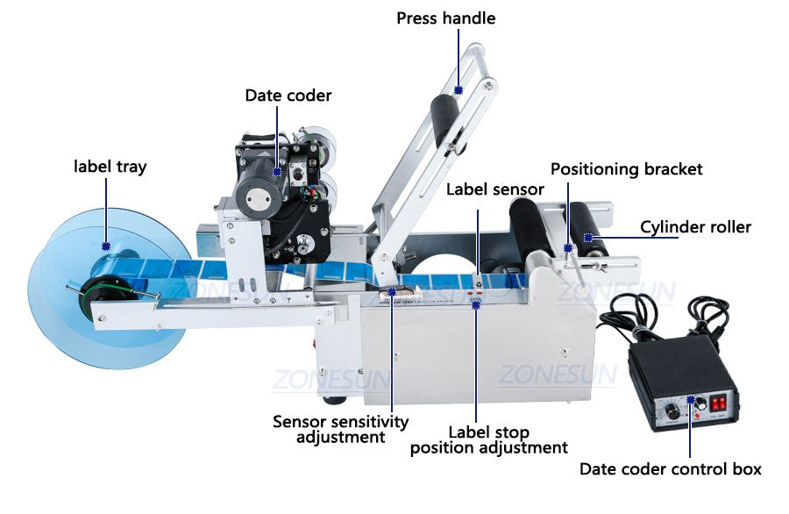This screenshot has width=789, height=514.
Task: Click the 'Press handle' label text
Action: pyautogui.click(x=446, y=18)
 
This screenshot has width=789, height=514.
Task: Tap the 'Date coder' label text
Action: pyautogui.click(x=288, y=96)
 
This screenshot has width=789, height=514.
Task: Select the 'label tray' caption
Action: pyautogui.click(x=110, y=167)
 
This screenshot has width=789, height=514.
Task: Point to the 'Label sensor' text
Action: pyautogui.click(x=495, y=189)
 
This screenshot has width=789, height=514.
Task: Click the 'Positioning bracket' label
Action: pyautogui.click(x=627, y=169)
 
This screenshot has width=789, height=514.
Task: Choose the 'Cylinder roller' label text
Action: pyautogui.click(x=695, y=227)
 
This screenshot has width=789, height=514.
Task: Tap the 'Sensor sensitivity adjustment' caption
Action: pyautogui.click(x=341, y=429)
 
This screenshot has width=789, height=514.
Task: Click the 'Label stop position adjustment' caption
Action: pyautogui.click(x=488, y=440)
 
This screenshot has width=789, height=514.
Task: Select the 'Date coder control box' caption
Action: pyautogui.click(x=671, y=469)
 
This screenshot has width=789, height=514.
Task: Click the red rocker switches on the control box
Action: pyautogui.click(x=718, y=403)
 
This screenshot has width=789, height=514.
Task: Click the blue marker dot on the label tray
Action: pyautogui.click(x=106, y=246)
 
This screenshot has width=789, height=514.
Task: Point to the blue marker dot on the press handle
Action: pyautogui.click(x=458, y=90)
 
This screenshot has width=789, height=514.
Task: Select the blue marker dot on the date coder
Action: pyautogui.click(x=277, y=172)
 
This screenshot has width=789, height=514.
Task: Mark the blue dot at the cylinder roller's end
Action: pyautogui.click(x=587, y=238)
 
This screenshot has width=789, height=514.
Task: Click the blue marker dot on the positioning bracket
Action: pyautogui.click(x=568, y=247)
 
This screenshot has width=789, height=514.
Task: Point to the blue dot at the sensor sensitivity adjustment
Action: pyautogui.click(x=392, y=291)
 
